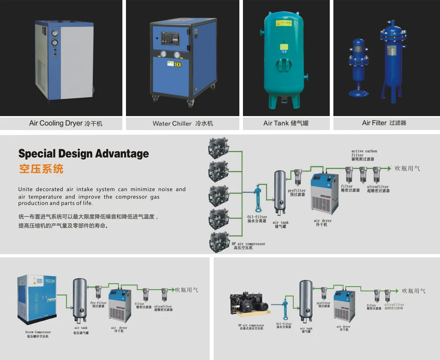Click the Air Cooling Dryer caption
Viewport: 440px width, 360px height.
pos(66,123)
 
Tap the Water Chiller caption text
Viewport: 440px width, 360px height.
pos(183,123)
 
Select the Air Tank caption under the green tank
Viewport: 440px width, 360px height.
pos(286,123)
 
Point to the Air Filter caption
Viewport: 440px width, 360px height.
pos(384,122)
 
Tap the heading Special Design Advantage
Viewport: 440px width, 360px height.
pos(83,154)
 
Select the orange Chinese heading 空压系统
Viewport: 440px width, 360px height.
pos(41,169)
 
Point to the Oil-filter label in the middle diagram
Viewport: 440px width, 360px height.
pos(257,218)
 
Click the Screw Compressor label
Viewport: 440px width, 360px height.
pos(38,333)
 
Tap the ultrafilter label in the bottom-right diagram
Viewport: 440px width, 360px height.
pos(394,306)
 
